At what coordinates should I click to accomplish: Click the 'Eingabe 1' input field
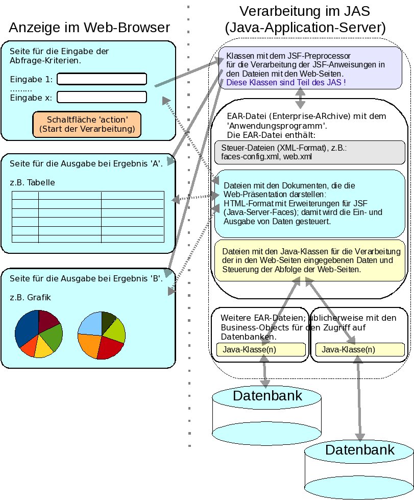point(102,79)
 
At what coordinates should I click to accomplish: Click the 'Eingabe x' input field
point(102,97)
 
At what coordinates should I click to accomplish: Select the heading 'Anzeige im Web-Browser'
point(89,27)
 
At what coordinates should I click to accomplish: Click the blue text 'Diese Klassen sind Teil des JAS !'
point(286,82)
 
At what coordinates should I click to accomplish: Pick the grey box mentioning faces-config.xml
point(310,152)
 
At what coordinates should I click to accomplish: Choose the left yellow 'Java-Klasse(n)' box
point(260,350)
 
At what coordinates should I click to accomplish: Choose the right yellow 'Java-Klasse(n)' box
point(360,350)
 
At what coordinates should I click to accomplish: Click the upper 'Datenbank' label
point(267,396)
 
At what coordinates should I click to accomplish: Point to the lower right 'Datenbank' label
point(359,450)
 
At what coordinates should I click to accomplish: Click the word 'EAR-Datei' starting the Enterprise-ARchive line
point(245,116)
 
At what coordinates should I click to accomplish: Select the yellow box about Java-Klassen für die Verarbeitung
point(310,260)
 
